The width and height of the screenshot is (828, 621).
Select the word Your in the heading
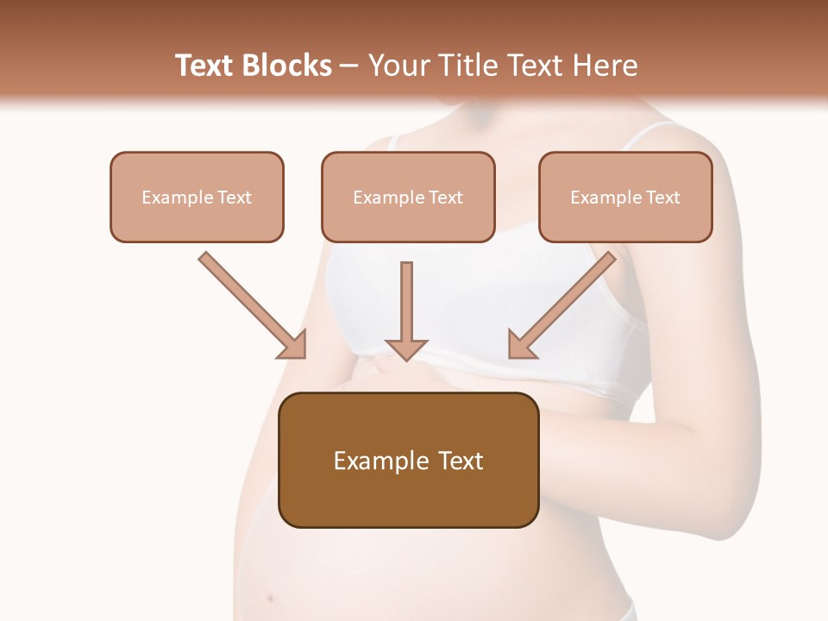pyautogui.click(x=399, y=66)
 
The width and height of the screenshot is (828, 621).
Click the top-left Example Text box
pyautogui.click(x=197, y=197)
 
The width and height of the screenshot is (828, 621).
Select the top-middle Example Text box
pyautogui.click(x=408, y=197)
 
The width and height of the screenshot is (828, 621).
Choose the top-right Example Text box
pyautogui.click(x=625, y=197)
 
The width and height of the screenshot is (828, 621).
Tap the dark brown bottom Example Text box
pyautogui.click(x=409, y=460)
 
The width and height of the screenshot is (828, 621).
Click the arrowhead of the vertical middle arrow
pyautogui.click(x=406, y=348)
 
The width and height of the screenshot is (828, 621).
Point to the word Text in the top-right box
pyautogui.click(x=662, y=198)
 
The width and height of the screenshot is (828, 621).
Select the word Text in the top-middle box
pyautogui.click(x=445, y=198)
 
